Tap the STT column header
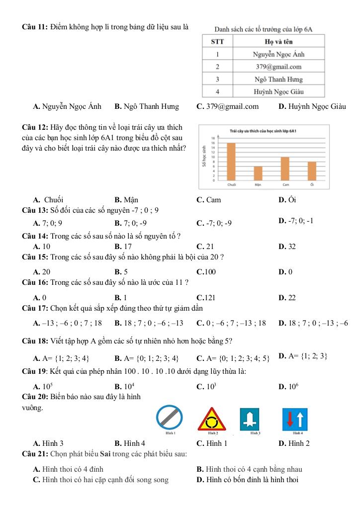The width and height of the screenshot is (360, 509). (x=217, y=42)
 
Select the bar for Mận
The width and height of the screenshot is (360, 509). (x=258, y=173)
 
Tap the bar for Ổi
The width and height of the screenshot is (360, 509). (x=312, y=170)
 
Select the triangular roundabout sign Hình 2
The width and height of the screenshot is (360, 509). (x=211, y=420)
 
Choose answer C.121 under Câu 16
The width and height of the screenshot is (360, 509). (x=206, y=298)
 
